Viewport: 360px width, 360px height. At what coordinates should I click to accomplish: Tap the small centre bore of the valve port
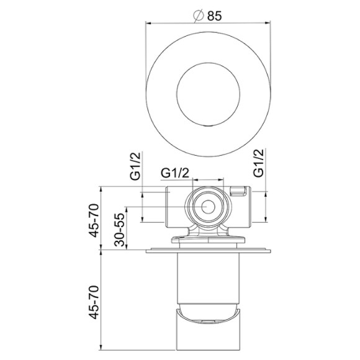pos(207,206)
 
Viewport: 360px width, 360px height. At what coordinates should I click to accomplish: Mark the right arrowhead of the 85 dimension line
pos(268,24)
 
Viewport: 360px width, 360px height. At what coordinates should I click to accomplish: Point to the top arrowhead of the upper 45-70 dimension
pos(102,188)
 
